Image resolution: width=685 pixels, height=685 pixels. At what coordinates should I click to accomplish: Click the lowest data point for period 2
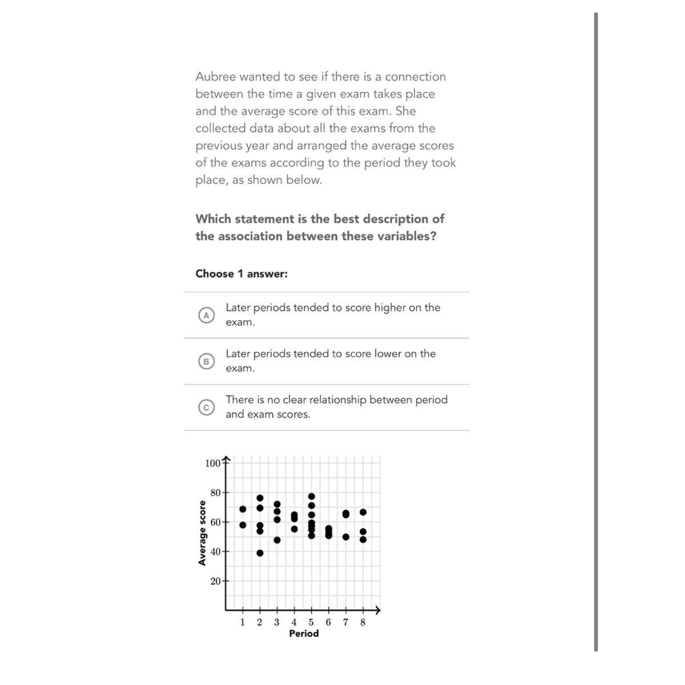click(x=260, y=553)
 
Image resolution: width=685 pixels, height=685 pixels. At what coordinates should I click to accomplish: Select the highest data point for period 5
click(x=312, y=496)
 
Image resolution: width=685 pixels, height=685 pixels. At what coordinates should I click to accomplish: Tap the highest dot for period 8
click(x=363, y=512)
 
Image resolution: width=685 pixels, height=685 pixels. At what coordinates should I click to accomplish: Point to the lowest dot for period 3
click(x=277, y=540)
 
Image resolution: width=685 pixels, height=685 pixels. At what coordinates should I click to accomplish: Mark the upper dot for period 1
click(x=243, y=509)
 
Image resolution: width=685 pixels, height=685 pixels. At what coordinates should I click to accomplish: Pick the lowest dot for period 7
click(x=346, y=537)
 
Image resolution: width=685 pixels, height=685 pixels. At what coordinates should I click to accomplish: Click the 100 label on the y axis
click(x=212, y=463)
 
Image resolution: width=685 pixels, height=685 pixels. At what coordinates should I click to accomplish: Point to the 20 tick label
click(x=215, y=581)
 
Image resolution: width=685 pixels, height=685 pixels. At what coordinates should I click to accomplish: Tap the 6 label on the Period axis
click(x=328, y=622)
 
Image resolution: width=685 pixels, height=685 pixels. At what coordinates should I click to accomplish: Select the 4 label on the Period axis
click(x=294, y=622)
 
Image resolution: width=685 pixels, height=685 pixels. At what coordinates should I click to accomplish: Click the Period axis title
click(x=304, y=634)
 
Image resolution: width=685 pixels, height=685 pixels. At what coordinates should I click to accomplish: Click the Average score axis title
click(x=202, y=533)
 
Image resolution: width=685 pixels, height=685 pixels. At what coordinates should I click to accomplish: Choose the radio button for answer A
click(x=206, y=315)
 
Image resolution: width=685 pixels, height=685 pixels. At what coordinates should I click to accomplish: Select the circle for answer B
click(x=206, y=361)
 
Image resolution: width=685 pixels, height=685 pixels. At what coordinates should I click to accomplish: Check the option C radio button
click(x=206, y=407)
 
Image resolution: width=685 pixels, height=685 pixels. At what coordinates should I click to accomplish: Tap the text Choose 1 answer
click(x=241, y=274)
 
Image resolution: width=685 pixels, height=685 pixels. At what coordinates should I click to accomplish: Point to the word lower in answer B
click(x=388, y=354)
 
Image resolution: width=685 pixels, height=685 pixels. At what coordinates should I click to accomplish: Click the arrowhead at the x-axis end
click(x=378, y=610)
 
